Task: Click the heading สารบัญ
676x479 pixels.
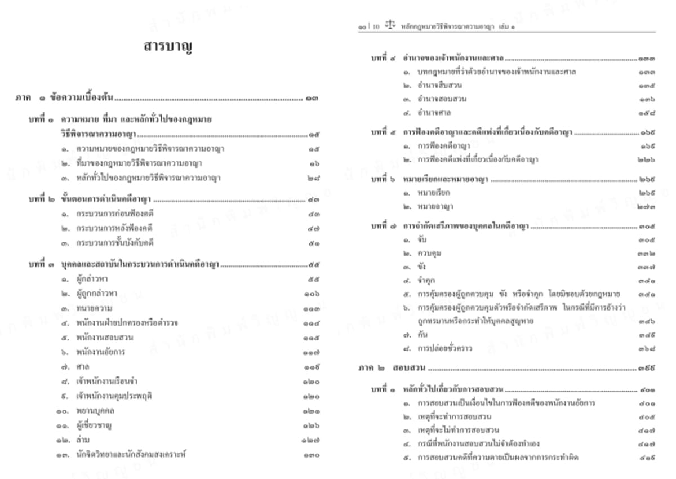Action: click(169, 48)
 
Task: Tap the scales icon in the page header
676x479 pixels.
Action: click(389, 26)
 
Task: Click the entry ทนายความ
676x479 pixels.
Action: click(94, 308)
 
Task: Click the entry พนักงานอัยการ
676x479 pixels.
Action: click(100, 352)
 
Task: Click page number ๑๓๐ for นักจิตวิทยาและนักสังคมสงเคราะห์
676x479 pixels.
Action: click(312, 455)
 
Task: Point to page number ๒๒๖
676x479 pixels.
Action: click(646, 159)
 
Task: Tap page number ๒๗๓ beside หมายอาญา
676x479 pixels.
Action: click(646, 207)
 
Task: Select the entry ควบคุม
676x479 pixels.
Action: click(429, 254)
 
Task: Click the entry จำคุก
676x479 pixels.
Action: click(426, 280)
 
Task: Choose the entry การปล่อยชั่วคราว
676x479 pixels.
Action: click(444, 348)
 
